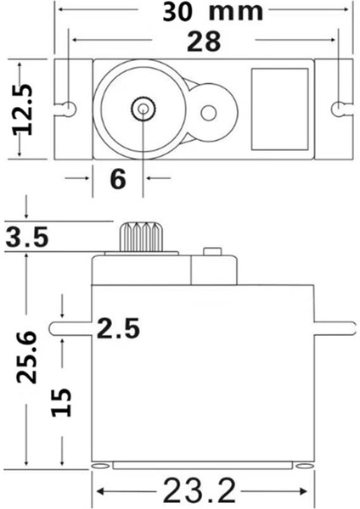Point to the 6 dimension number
117,178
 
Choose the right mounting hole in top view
339,108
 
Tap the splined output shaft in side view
141,237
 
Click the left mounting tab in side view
71,327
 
